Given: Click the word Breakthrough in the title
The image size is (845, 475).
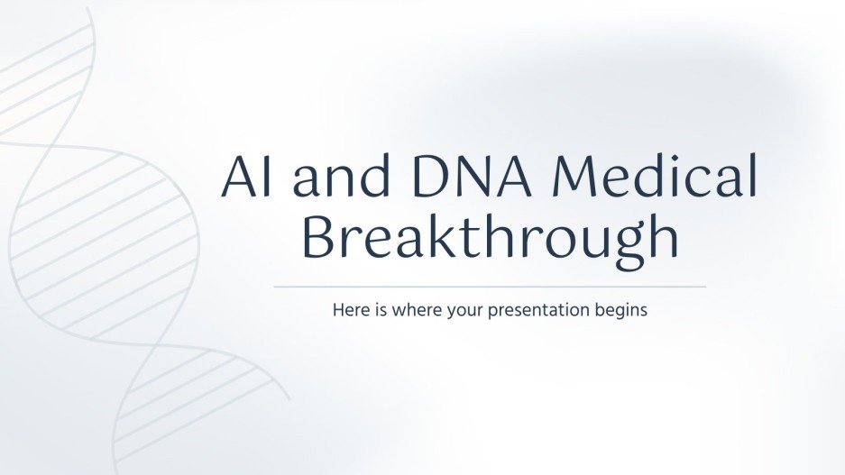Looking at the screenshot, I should click(490, 238).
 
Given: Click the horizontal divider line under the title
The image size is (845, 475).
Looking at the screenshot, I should click(490, 287).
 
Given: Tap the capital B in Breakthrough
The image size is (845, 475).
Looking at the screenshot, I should click(318, 238).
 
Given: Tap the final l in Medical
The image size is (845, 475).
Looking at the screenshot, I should click(751, 178).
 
